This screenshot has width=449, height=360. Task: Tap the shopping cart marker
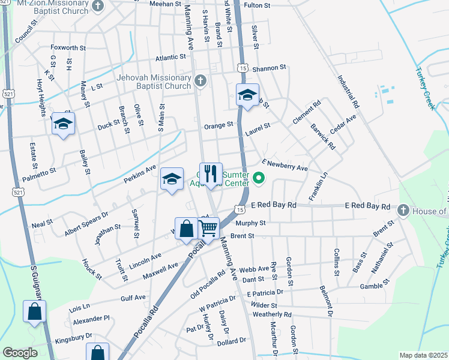208,227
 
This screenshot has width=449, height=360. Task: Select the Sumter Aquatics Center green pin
259,178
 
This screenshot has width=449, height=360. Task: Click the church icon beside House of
403,211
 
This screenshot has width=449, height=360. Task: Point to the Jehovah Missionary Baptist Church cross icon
200,80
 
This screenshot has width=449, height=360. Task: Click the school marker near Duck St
63,124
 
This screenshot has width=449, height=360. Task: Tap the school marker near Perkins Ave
172,179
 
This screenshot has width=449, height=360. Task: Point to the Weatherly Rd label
272,314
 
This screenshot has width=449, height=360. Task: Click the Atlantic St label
171,58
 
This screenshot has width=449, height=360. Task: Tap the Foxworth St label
68,47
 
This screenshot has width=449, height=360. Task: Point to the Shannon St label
269,68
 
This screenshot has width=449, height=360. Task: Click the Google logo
20,353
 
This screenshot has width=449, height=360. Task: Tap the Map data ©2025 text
423,355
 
